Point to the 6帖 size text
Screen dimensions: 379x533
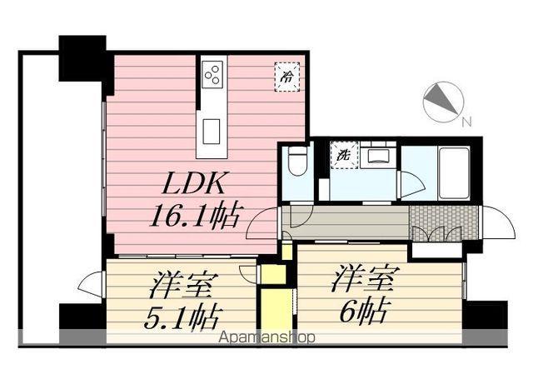(361, 311)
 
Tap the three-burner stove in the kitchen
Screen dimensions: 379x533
(212, 74)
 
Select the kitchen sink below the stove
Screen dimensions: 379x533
(212, 129)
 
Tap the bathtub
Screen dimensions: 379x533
(453, 172)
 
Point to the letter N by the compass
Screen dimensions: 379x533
(466, 122)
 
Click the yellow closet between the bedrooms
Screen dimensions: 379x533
(272, 308)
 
